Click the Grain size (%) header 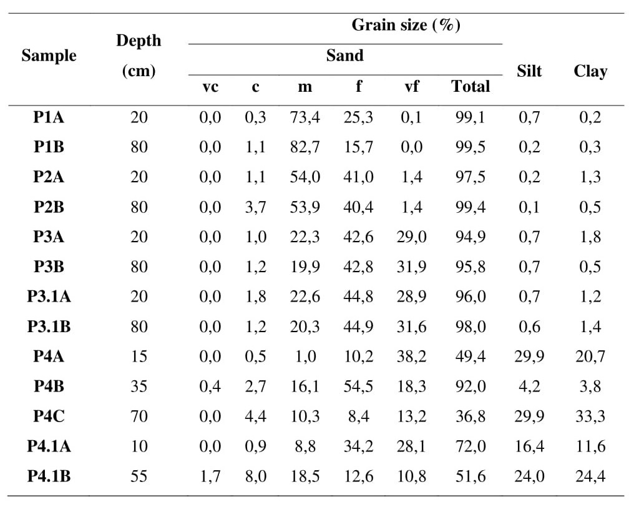point(406,26)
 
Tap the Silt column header point(529,71)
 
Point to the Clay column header point(590,71)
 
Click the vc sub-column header point(210,87)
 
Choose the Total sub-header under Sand point(470,87)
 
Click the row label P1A point(49,117)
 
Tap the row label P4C point(49,416)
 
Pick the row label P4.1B point(49,476)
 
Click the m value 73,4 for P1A point(305,117)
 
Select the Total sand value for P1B point(470,147)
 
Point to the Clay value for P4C point(590,416)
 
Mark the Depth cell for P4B point(139,386)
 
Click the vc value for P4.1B point(210,476)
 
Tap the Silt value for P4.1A point(529,446)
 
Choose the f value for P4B point(358,386)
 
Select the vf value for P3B point(411,267)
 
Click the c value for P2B point(255,207)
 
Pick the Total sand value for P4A point(470,356)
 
